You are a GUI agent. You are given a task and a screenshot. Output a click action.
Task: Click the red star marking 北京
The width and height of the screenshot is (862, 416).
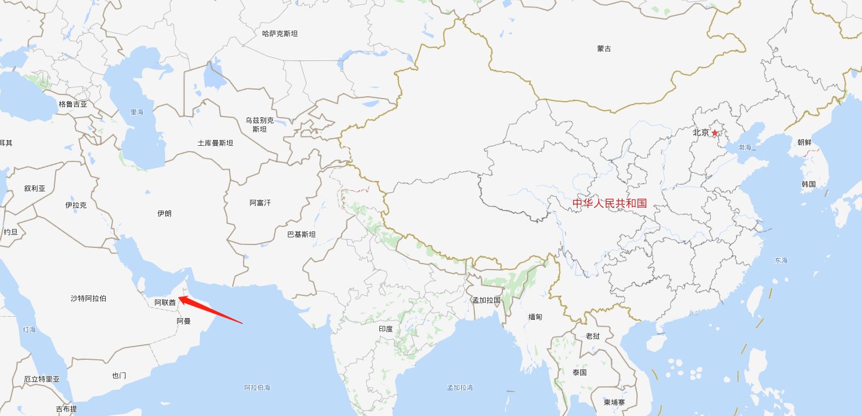coord(714,133)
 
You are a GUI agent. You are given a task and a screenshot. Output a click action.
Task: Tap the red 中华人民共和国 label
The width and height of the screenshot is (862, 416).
coord(610,203)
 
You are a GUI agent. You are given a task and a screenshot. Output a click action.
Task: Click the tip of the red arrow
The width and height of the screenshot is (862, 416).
coord(179,297)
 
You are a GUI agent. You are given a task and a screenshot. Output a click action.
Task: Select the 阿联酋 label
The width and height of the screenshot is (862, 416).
coord(165,303)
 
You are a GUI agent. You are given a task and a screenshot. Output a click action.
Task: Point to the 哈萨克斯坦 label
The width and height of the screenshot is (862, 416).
coord(280,33)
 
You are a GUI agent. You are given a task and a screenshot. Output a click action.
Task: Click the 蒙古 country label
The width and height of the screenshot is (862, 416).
coord(604,48)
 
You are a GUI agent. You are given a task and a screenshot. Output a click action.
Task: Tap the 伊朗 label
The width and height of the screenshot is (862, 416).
coord(164,213)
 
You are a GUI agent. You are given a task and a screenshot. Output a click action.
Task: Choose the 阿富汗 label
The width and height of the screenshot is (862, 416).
coord(260,203)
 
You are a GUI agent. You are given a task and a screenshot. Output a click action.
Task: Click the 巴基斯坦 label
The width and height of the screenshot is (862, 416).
coord(301,234)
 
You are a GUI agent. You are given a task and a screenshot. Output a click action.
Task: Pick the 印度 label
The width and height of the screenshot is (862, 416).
coord(386,329)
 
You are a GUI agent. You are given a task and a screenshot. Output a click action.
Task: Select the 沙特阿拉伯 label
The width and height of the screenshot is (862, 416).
coord(89,298)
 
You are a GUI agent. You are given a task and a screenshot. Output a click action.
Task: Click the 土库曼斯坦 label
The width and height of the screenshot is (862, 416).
coord(215,143)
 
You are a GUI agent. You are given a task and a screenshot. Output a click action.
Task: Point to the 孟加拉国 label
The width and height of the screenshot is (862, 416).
coord(486,300)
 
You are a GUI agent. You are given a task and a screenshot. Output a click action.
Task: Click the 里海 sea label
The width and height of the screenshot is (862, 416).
coord(137,112)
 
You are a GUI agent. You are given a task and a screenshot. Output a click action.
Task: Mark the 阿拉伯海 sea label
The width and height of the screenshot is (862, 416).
coord(258,388)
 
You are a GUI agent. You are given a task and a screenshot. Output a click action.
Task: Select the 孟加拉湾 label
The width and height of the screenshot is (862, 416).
coord(460,388)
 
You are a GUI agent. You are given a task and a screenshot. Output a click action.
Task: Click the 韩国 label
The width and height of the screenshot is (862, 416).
coord(809,184)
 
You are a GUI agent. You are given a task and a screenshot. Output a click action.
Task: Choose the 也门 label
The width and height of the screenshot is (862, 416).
coord(119,376)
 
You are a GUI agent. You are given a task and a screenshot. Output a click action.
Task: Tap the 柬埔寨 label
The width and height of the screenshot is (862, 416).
coord(615,402)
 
